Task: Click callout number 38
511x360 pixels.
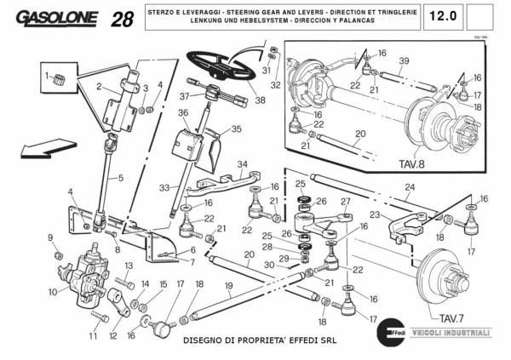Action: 259,100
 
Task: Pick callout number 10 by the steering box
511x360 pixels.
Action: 54,292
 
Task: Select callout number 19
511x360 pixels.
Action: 229,287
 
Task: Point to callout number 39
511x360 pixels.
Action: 405,60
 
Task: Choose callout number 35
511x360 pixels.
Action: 236,129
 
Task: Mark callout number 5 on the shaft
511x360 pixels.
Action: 120,178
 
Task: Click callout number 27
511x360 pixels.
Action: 345,202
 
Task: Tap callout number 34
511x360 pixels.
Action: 242,164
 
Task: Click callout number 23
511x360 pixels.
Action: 374,215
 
